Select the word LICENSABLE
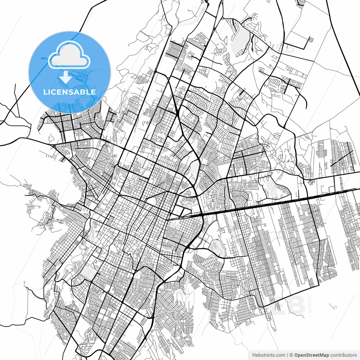[x=69, y=92]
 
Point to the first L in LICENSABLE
[x=45, y=92]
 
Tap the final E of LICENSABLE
[x=93, y=92]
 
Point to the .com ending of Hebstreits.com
[x=280, y=355]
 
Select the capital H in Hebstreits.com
[x=254, y=355]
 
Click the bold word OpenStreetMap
[x=312, y=355]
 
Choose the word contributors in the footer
[x=343, y=355]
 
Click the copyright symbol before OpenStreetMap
[x=291, y=355]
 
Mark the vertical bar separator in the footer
[x=287, y=355]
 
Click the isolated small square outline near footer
[x=335, y=307]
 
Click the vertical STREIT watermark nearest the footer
[x=310, y=304]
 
